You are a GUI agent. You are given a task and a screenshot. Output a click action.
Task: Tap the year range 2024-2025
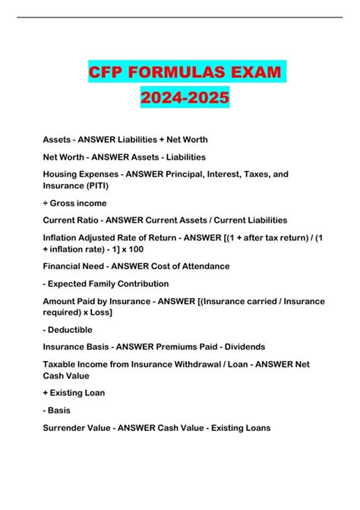coord(180,100)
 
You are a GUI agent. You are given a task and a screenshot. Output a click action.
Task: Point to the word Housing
coord(62,174)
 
